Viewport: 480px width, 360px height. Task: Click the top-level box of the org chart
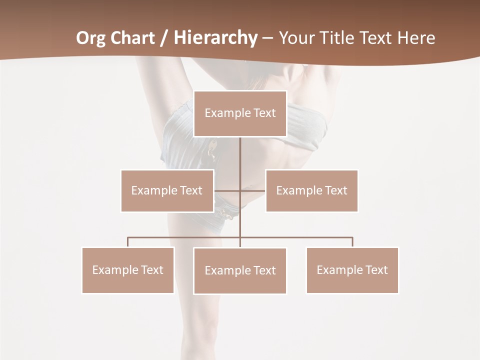point(240,113)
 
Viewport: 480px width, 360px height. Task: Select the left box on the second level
point(167,190)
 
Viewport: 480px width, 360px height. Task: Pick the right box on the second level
point(311,190)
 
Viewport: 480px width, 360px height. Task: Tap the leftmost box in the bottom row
point(128,270)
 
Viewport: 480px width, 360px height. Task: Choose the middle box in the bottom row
point(240,270)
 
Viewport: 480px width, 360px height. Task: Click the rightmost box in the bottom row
point(352,270)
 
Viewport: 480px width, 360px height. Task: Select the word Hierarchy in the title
point(215,38)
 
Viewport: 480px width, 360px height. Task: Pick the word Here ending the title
point(416,38)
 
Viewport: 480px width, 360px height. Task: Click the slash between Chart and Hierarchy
point(164,38)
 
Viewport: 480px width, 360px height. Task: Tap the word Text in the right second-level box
point(335,190)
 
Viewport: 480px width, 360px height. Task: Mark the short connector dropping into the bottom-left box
point(128,242)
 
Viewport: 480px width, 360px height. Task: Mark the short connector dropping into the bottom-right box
point(352,242)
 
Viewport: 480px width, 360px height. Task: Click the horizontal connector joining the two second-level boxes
point(240,190)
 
